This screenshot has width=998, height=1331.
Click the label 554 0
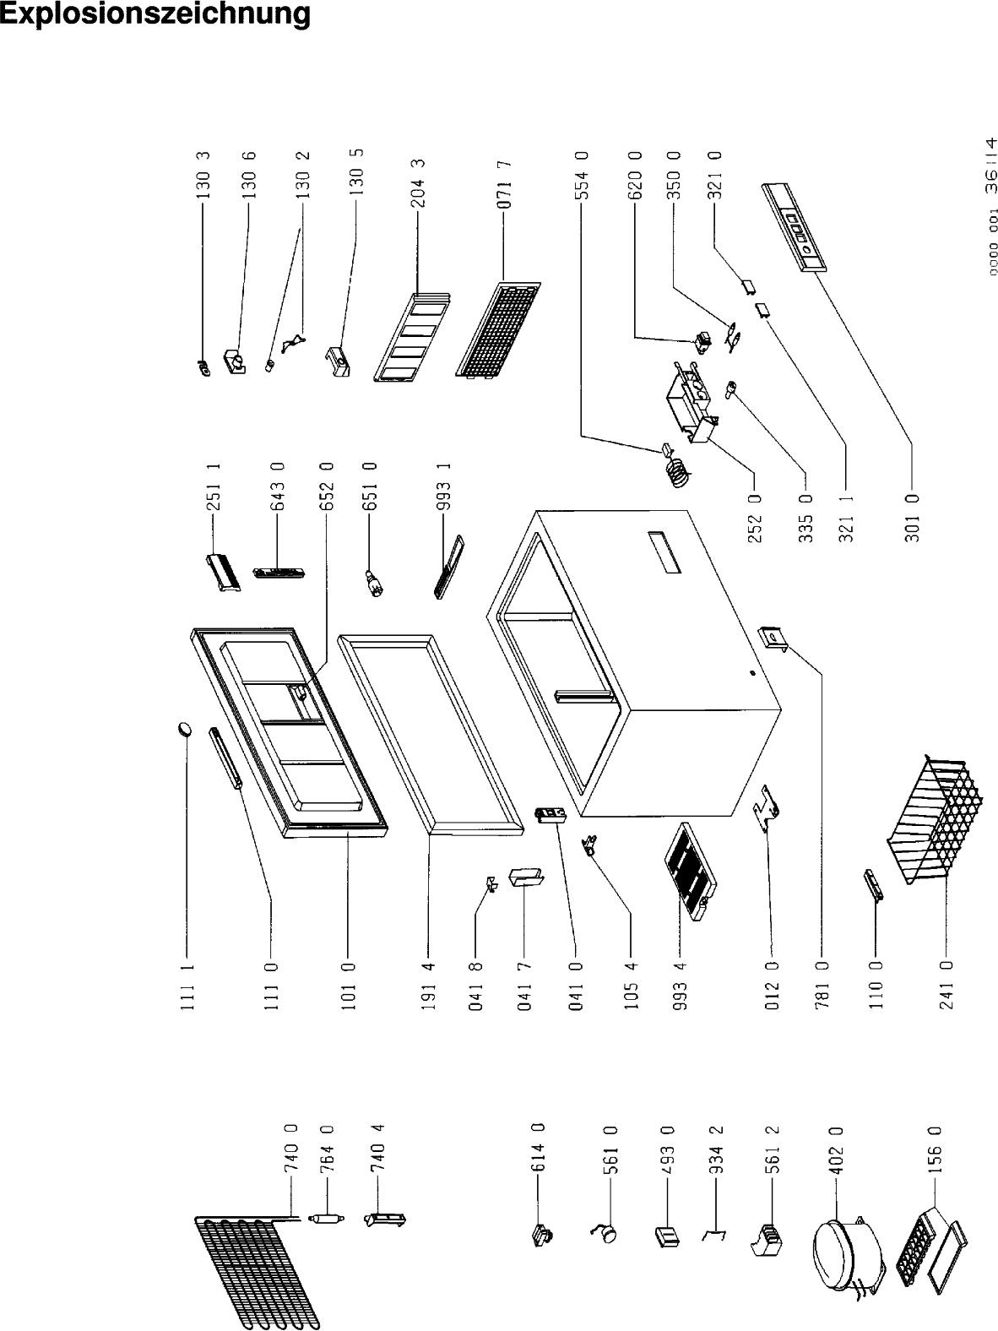pos(583,174)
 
